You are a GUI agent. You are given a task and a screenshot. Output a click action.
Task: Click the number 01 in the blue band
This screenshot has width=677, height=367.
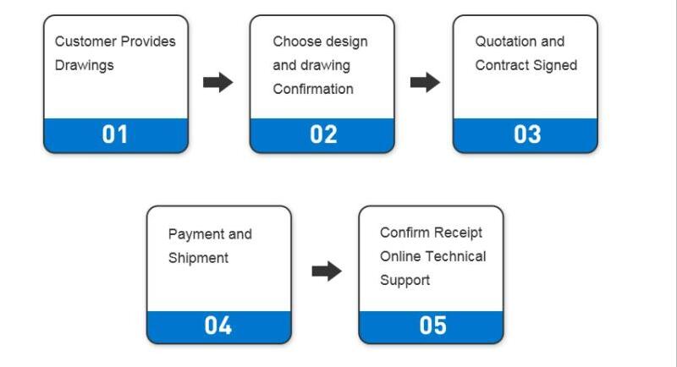(115, 134)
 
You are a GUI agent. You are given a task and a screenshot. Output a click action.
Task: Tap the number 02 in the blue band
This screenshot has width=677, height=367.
(323, 134)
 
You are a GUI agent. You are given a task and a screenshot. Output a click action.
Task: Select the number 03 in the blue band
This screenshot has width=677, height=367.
(527, 134)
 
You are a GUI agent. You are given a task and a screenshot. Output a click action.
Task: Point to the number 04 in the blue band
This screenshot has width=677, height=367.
(218, 326)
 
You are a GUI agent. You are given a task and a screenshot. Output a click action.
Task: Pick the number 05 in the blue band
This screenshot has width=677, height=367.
(432, 326)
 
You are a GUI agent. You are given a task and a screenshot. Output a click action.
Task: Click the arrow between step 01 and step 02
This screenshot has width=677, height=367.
(218, 82)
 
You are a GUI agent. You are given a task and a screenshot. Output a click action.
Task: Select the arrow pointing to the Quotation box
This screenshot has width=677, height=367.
(426, 82)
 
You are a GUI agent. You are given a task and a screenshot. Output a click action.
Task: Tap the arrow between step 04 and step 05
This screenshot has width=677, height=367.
(327, 271)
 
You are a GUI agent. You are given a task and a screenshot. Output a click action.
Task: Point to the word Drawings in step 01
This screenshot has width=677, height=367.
(84, 66)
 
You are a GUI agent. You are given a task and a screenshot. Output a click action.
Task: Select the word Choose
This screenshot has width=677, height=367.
(295, 41)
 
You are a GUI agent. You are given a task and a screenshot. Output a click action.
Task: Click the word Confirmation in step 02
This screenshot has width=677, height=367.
(313, 89)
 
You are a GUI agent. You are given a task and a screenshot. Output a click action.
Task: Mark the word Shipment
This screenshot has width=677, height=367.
(198, 258)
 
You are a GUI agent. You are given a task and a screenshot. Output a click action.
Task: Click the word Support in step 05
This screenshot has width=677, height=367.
(405, 280)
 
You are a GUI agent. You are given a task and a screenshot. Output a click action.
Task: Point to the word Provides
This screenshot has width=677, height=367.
(148, 41)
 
